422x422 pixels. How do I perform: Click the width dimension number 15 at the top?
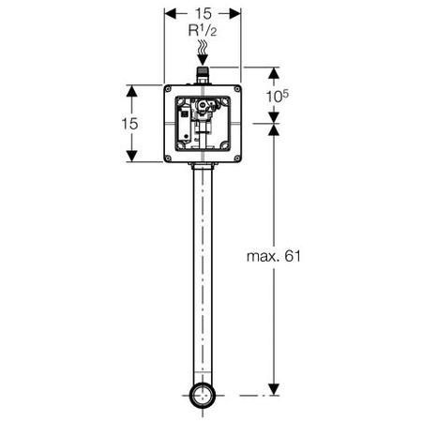coord(203,13)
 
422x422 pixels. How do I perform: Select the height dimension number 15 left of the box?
coord(129,124)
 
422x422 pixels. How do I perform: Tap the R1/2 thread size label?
coord(203,31)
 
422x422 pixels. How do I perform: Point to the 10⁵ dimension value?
coord(278,96)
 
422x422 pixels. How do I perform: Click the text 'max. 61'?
coord(274,256)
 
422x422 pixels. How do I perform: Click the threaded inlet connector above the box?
coord(203,76)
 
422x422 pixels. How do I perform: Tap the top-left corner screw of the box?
coord(168,89)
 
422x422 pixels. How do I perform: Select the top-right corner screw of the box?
coord(237,89)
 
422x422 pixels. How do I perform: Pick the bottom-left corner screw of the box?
coord(168,158)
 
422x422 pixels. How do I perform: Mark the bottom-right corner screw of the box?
coord(237,158)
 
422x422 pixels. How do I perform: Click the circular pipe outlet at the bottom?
coord(203,395)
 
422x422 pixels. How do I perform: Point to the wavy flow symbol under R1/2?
coord(203,47)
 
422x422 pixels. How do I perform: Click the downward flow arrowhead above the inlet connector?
coord(203,60)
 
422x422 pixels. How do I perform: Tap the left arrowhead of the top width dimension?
coord(171,14)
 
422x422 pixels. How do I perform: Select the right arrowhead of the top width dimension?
coord(235,14)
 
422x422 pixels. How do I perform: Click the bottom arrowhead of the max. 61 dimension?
coord(274,389)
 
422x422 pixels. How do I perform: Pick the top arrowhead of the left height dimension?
coord(132,91)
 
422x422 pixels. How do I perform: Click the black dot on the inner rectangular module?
coord(186,136)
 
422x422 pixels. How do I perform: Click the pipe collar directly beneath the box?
coord(203,166)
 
